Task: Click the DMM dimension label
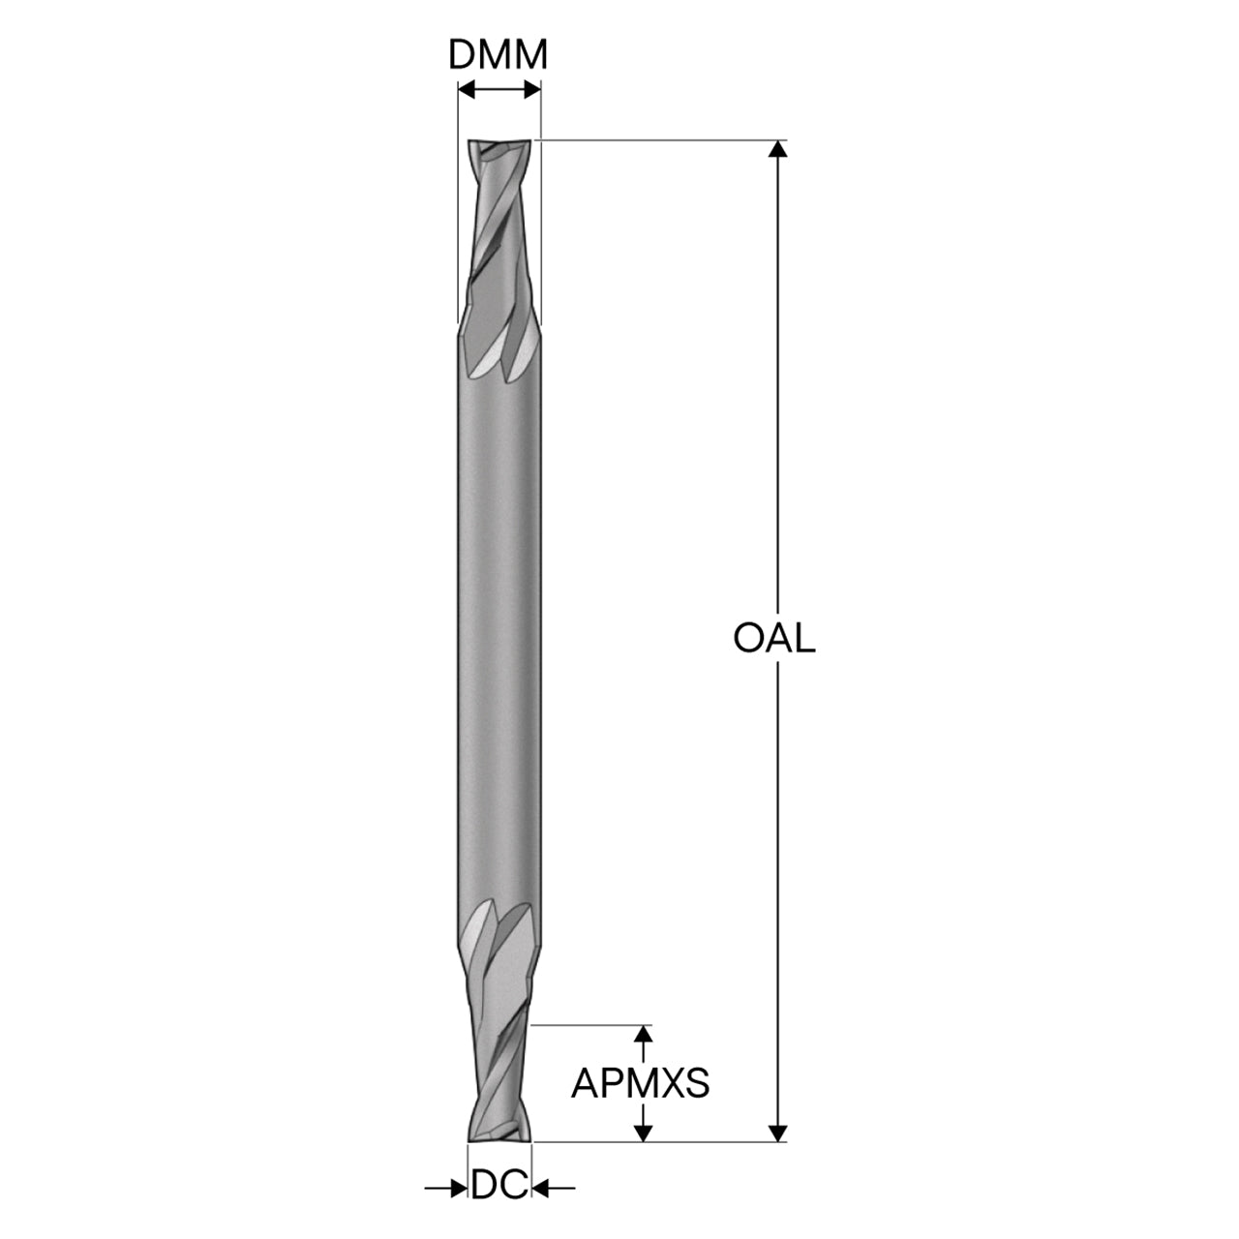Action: [x=498, y=54]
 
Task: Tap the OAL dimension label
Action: [x=774, y=639]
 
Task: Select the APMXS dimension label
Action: [x=641, y=1083]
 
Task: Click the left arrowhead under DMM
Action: [x=467, y=89]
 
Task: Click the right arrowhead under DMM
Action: [x=532, y=89]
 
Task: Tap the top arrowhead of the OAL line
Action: [x=778, y=149]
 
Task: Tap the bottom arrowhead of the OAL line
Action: [x=778, y=1133]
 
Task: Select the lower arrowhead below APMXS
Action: [x=643, y=1133]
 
